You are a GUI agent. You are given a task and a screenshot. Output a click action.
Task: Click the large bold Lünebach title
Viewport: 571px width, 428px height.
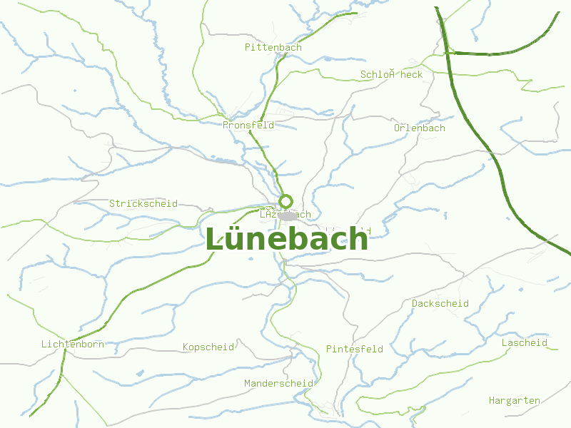click(287, 240)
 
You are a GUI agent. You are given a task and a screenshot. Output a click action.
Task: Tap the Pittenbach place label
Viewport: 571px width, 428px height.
click(273, 47)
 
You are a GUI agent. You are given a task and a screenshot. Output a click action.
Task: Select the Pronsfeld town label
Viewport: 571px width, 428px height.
click(248, 125)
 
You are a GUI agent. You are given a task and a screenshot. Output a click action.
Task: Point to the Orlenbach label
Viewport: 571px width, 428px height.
click(420, 128)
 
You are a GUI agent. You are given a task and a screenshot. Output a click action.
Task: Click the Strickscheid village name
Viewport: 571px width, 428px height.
click(143, 204)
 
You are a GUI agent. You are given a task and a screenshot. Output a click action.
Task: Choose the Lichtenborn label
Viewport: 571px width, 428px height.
click(73, 345)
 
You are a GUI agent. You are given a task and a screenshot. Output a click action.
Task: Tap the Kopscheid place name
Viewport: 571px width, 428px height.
click(208, 347)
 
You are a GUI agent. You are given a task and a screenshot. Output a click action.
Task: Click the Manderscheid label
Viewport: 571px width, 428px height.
click(278, 384)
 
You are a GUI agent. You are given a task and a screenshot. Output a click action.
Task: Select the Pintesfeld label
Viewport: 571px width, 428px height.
click(355, 350)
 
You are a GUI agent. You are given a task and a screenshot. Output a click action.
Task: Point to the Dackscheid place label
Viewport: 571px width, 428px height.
click(440, 304)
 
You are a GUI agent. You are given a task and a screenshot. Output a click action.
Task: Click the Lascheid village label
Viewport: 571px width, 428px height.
click(525, 343)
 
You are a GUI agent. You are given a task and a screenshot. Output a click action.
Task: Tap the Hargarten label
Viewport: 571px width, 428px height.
click(515, 401)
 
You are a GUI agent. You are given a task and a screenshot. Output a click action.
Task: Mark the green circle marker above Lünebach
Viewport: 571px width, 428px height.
click(285, 200)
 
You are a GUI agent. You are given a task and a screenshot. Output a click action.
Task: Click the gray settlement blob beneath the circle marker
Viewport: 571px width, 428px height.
click(288, 215)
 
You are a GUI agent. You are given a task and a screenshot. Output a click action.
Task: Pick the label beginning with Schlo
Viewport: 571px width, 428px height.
click(391, 74)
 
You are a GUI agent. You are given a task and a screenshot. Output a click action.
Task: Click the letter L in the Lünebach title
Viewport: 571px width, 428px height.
click(215, 240)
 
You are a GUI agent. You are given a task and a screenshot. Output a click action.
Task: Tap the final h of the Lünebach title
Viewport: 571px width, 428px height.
click(358, 240)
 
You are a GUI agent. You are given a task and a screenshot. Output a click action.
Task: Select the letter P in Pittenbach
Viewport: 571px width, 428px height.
click(248, 47)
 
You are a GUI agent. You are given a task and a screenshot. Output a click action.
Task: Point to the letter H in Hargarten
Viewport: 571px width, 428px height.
click(492, 401)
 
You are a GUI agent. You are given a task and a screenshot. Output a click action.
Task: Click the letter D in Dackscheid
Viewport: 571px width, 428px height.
click(415, 304)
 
